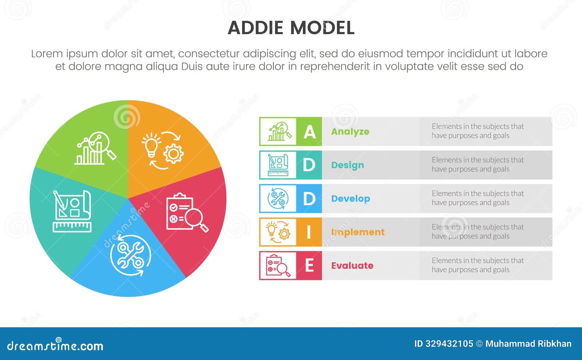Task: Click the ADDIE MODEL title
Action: (291, 28)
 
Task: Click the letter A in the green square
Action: (309, 132)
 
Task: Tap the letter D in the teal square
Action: (309, 165)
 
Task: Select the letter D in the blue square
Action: (309, 199)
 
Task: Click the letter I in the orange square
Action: (309, 232)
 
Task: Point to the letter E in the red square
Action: (309, 265)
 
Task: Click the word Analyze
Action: (350, 132)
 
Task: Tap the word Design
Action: (347, 165)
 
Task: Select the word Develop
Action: (350, 199)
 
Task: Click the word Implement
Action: (358, 232)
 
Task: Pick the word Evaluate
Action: (352, 265)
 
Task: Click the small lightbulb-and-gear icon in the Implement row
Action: (278, 232)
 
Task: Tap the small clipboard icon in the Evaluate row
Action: (278, 265)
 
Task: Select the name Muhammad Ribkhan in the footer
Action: (528, 344)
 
